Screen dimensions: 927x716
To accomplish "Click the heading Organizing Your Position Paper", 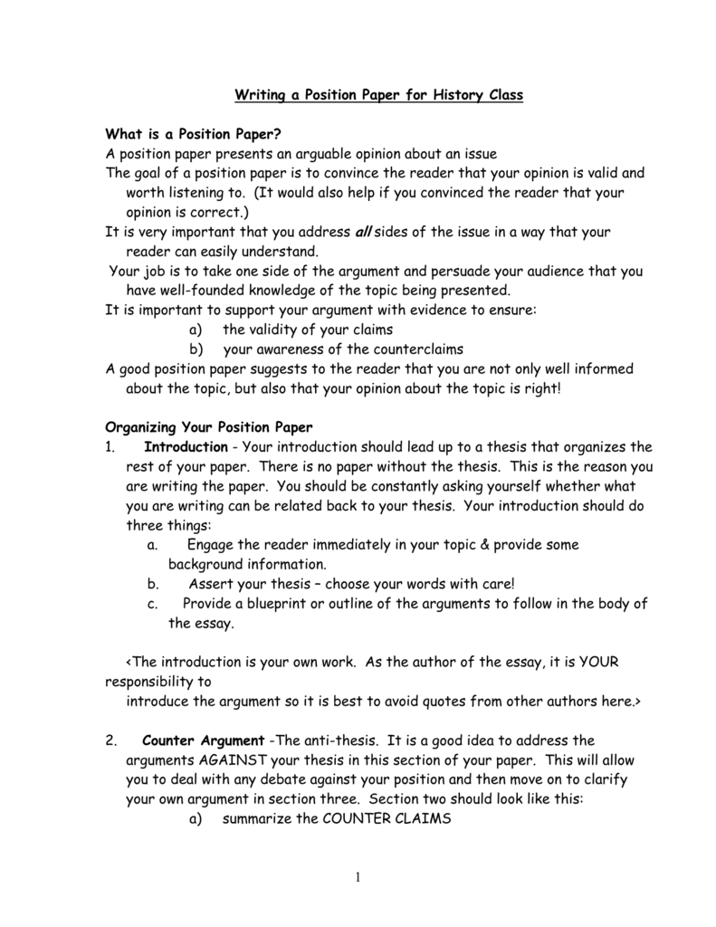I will click(x=209, y=427).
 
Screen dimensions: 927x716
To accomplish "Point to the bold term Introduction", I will click(x=186, y=447).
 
